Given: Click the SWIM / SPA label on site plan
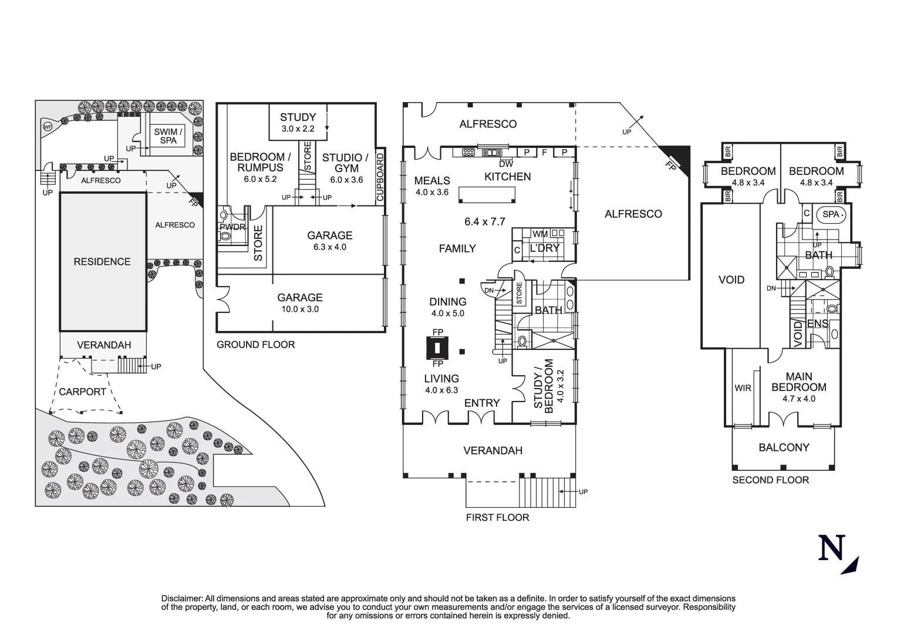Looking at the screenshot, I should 168,136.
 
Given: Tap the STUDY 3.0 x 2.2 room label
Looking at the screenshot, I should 298,122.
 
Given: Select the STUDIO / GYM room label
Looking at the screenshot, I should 345,168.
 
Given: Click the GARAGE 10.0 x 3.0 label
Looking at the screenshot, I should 300,303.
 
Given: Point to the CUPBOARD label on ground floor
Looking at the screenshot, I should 380,177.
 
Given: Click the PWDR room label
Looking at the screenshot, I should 232,227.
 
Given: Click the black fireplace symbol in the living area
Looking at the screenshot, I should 437,348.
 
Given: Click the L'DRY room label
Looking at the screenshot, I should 544,248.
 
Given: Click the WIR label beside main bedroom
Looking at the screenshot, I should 743,388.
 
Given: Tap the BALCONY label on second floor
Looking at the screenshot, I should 784,447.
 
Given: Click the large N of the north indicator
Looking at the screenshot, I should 832,548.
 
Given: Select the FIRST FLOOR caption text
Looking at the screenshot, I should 497,518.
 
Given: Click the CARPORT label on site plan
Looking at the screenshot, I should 83,392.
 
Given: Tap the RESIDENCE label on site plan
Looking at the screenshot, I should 102,262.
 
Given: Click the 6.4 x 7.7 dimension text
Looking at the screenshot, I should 485,221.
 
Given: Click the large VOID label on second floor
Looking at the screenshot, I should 731,280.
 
